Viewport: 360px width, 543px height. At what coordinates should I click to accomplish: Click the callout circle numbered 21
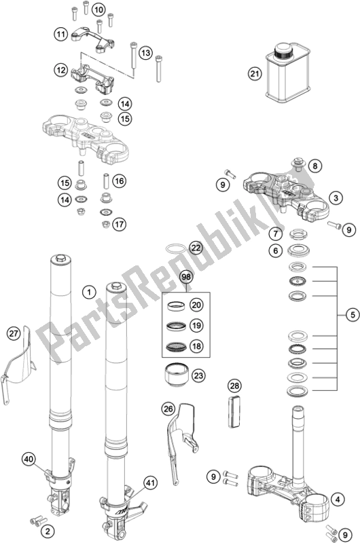tap(255, 73)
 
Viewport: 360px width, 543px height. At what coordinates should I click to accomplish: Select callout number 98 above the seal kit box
tap(186, 277)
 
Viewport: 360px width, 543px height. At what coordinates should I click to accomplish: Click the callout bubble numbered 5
tap(353, 315)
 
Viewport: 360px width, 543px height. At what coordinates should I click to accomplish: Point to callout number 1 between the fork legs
tap(89, 293)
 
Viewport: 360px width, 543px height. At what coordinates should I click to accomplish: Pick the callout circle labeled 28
tap(234, 386)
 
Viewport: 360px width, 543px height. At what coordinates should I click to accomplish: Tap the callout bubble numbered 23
tap(198, 375)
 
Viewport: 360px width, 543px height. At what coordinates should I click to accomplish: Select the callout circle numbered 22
tap(196, 248)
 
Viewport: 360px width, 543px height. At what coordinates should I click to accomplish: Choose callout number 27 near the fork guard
tap(13, 334)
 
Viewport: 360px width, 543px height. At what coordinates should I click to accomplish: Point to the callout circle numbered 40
tap(29, 460)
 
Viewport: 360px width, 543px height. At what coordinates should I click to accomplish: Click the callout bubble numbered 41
tap(150, 483)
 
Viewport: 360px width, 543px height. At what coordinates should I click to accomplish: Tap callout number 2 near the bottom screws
tap(48, 531)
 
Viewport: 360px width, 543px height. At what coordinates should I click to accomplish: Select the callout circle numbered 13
tap(146, 53)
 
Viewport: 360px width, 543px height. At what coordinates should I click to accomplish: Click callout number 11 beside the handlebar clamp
tap(60, 35)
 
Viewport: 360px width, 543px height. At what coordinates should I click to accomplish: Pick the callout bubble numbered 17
tap(119, 224)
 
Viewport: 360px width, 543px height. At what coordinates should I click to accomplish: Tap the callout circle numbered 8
tap(314, 166)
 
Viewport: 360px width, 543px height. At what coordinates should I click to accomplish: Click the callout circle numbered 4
tap(338, 500)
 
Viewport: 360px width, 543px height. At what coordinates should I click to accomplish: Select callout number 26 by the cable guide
tap(168, 409)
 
